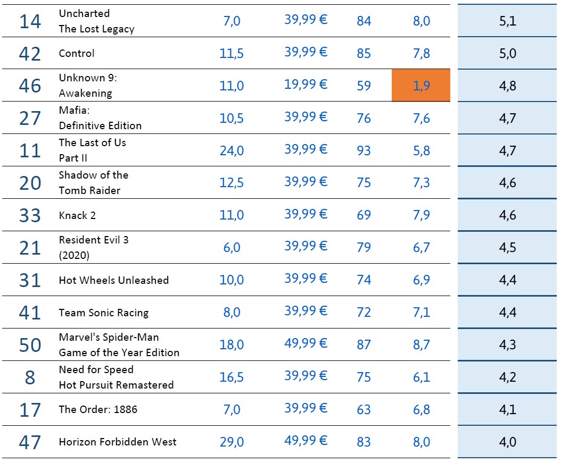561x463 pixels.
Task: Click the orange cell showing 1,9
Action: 421,86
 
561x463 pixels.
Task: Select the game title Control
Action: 77,53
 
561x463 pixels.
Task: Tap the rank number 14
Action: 30,21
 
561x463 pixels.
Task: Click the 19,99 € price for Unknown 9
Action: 306,85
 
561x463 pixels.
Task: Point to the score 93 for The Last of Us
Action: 364,150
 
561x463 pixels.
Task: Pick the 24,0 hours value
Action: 232,150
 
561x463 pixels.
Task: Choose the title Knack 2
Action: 77,215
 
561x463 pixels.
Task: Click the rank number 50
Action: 30,345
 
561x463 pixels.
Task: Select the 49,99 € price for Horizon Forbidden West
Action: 306,441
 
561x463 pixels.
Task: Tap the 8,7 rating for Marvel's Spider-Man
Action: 421,345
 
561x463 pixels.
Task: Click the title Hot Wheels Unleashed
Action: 113,280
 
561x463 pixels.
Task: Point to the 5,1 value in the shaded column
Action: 508,21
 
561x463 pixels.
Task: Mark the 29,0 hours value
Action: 232,442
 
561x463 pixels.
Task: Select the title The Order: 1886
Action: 98,409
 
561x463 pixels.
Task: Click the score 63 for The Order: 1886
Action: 364,410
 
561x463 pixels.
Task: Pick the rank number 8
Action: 30,377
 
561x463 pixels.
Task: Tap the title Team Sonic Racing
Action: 104,313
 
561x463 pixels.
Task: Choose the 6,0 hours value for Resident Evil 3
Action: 232,248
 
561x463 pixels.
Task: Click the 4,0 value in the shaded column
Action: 508,442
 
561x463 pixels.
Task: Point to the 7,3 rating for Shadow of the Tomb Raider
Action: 421,183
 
